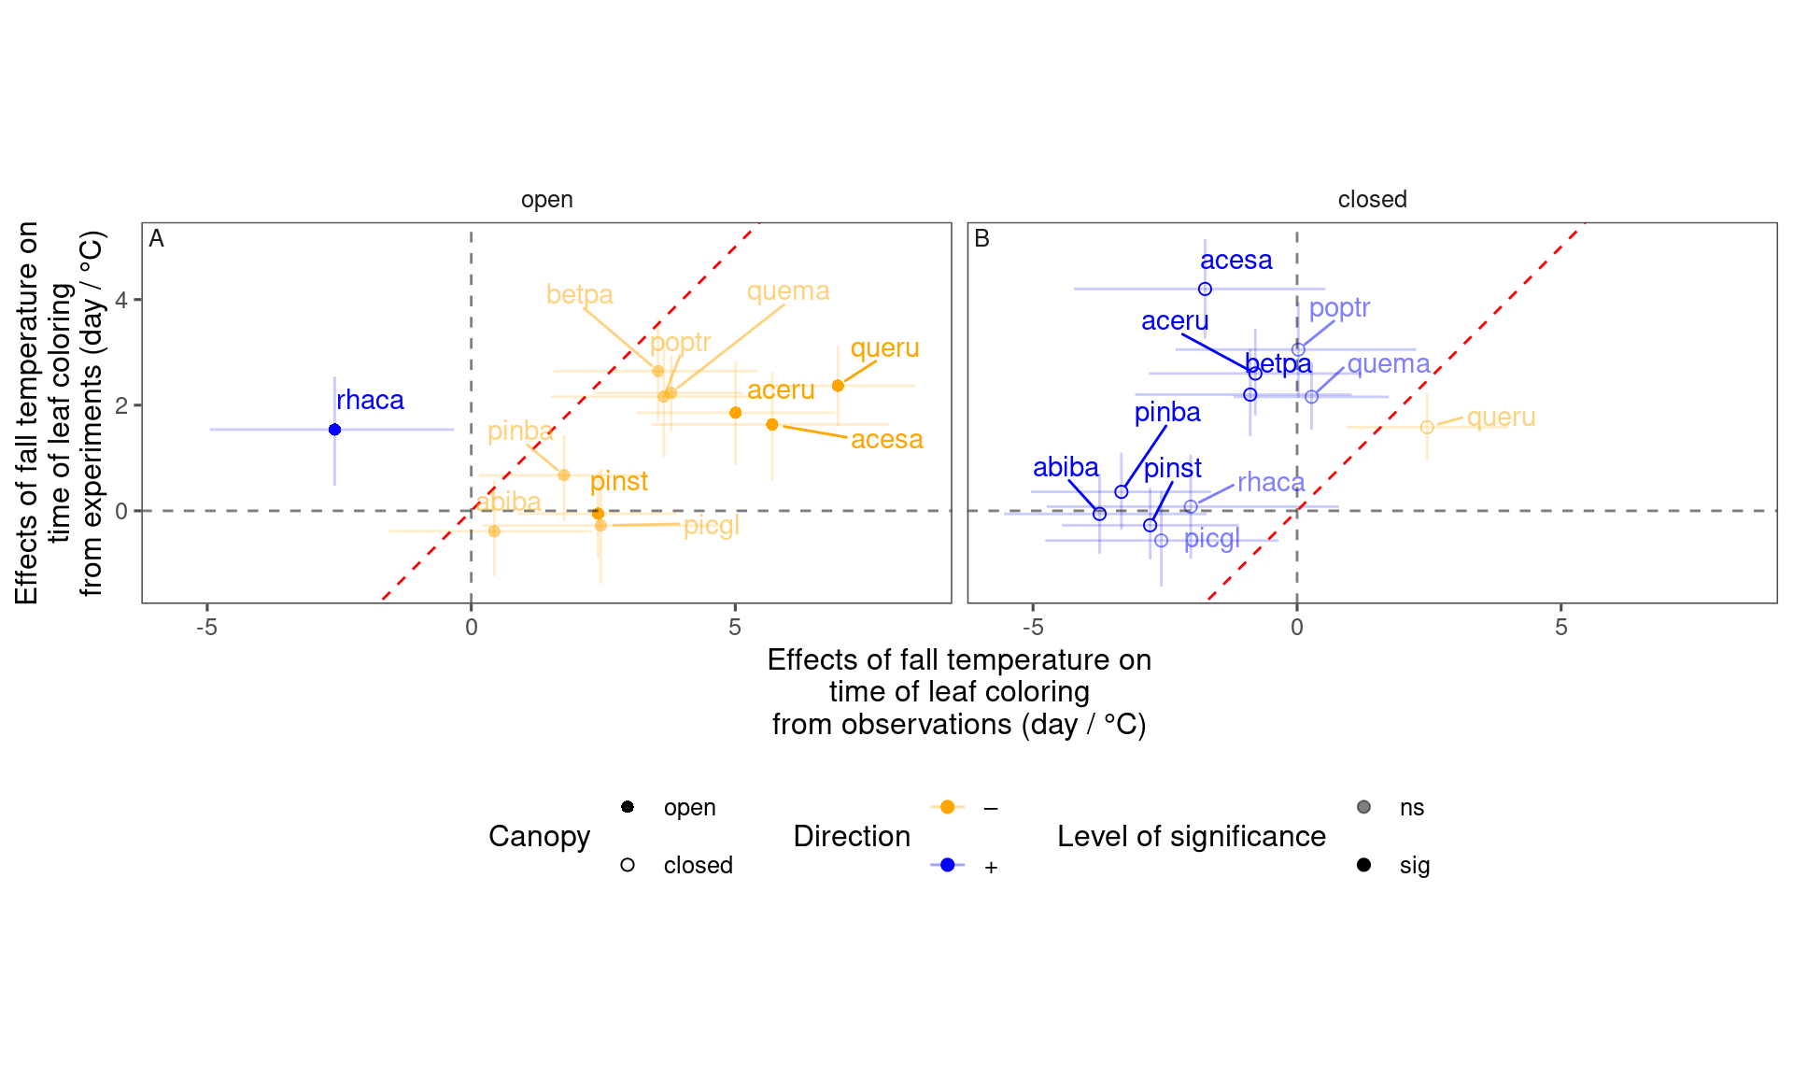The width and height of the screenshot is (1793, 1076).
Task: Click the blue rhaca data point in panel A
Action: pos(334,430)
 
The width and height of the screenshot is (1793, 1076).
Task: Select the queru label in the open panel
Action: pos(884,348)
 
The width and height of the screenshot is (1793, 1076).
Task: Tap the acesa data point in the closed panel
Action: pos(1205,290)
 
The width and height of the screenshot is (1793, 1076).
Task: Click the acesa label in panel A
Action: pos(886,439)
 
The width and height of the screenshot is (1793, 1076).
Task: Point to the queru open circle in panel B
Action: pos(1427,428)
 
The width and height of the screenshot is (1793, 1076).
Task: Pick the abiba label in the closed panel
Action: pos(1066,467)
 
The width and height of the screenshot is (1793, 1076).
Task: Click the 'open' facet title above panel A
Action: pos(546,200)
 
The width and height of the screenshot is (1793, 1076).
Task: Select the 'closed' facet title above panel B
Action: pos(1372,200)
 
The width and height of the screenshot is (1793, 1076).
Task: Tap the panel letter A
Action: pos(157,239)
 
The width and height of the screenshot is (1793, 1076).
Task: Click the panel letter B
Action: pos(981,239)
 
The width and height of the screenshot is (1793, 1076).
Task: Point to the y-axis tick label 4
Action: pos(121,301)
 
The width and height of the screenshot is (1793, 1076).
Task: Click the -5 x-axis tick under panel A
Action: pos(206,628)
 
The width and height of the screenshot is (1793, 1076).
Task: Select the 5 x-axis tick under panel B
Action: pos(1560,628)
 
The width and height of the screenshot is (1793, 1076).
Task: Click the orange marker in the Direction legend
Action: pos(947,807)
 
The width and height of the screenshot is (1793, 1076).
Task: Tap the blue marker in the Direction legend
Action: pos(947,865)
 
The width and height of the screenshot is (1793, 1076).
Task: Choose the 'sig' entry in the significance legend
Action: pos(1414,866)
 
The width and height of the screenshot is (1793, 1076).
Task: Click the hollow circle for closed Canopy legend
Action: pos(628,865)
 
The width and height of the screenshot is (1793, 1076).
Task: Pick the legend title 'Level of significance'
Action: pos(1191,836)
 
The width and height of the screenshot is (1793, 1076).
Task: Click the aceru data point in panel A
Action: pos(735,413)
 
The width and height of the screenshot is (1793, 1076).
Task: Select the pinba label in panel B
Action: pos(1167,412)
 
